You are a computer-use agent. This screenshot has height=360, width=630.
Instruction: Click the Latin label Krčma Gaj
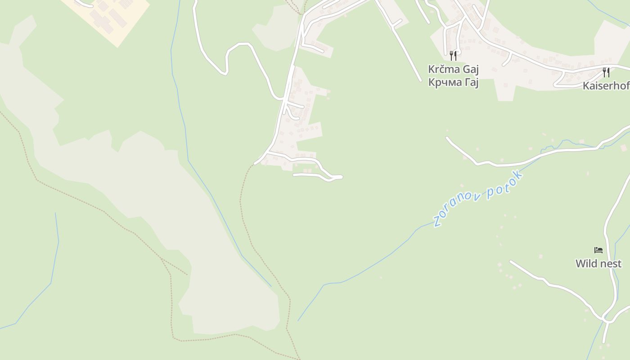click(x=453, y=69)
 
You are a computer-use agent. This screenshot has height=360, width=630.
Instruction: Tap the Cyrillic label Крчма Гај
click(x=453, y=82)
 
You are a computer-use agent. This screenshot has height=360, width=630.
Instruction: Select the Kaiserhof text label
click(x=606, y=86)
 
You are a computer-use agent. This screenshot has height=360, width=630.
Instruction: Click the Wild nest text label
click(x=598, y=264)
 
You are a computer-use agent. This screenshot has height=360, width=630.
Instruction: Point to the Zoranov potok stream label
click(x=478, y=198)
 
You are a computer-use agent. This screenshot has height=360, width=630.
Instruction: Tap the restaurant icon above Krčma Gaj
click(x=453, y=55)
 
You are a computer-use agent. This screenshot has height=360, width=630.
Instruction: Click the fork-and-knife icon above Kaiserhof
click(x=606, y=72)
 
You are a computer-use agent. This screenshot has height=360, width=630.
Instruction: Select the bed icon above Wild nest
click(x=598, y=250)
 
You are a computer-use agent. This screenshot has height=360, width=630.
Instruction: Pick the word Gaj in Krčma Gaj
click(x=469, y=70)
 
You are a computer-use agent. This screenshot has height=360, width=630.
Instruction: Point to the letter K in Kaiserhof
click(x=586, y=86)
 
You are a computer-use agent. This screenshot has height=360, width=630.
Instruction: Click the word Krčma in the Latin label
click(x=443, y=69)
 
